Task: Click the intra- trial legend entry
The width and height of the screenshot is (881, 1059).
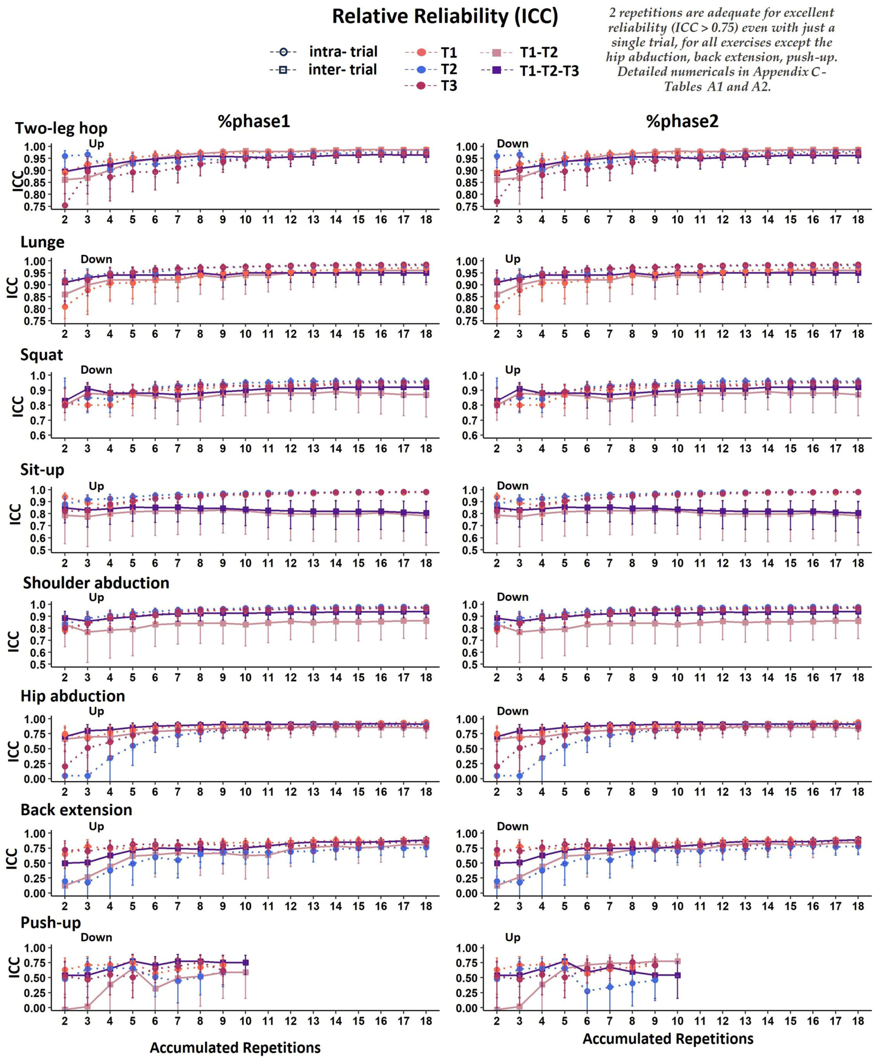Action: click(343, 52)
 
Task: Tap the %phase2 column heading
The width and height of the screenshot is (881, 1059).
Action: click(682, 121)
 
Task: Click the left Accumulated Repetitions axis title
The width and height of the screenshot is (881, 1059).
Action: click(235, 1047)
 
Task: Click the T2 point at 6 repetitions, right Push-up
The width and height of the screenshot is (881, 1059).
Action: click(587, 991)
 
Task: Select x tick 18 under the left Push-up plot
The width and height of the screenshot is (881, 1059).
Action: click(426, 1021)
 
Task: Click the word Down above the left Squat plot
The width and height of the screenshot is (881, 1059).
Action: click(96, 370)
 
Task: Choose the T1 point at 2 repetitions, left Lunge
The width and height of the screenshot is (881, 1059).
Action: click(65, 306)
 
